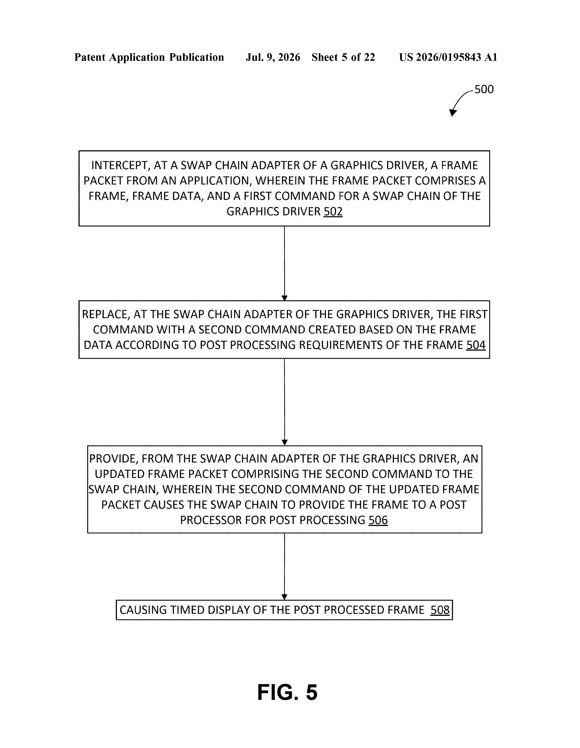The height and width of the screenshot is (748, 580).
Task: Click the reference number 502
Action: (333, 211)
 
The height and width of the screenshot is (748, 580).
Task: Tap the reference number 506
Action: (378, 520)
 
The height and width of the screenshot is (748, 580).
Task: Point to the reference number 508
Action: (440, 610)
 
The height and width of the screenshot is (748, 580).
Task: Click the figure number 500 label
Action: (484, 89)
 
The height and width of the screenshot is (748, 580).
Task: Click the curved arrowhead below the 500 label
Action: (453, 113)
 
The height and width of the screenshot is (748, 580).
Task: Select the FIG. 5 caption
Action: (287, 692)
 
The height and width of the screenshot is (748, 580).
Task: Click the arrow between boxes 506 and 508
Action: (284, 566)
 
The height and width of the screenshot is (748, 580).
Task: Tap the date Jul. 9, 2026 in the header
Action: (273, 57)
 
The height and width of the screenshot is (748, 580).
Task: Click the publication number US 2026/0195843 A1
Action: (448, 57)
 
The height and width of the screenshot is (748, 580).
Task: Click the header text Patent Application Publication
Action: (149, 57)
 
